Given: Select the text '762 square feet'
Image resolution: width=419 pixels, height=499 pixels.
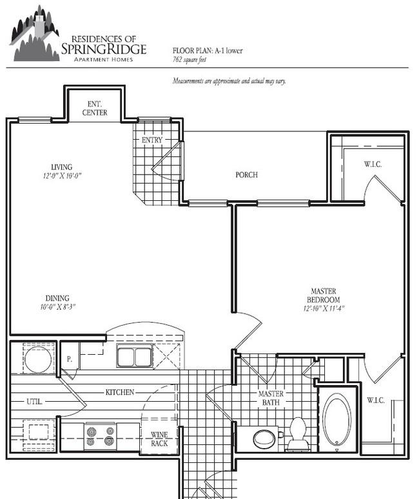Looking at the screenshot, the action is pos(190,59).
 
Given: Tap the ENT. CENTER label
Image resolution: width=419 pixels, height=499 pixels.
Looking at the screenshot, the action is pos(95,108).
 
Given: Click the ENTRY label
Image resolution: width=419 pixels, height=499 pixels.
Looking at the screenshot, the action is pos(152,140).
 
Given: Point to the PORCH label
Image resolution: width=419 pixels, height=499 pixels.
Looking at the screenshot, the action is pos(246,174).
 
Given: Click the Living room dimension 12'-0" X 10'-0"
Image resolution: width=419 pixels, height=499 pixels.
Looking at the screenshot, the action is pos(62,176).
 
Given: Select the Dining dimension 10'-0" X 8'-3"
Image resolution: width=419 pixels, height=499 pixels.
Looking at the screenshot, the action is pos(57,307).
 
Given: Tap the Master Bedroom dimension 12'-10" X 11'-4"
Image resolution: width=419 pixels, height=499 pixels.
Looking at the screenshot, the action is pos(324,308).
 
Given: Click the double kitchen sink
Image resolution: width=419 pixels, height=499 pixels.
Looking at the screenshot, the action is pos(135,355).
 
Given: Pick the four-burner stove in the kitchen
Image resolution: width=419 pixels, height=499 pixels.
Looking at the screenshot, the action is pos(100,437).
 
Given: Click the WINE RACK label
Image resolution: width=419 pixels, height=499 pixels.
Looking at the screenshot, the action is pos(159,439).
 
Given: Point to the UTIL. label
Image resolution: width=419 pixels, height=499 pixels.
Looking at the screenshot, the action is pos(34,402).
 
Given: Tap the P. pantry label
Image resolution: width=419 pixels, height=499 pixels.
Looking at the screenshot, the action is pos(70,359).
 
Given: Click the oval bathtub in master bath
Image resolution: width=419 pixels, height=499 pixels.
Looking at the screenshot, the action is pos(336,419).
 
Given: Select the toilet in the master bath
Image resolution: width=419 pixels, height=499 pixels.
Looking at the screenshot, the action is pos(298,435).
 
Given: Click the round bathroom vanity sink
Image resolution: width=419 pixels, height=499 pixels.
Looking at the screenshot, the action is pos(264,438).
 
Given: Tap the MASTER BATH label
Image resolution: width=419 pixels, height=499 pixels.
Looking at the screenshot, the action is pos(271,398).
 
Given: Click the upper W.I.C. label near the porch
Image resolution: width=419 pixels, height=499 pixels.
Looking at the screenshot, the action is pos(373,164).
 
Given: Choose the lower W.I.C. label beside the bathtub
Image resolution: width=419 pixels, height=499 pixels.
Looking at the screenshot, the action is pos(376,400).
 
